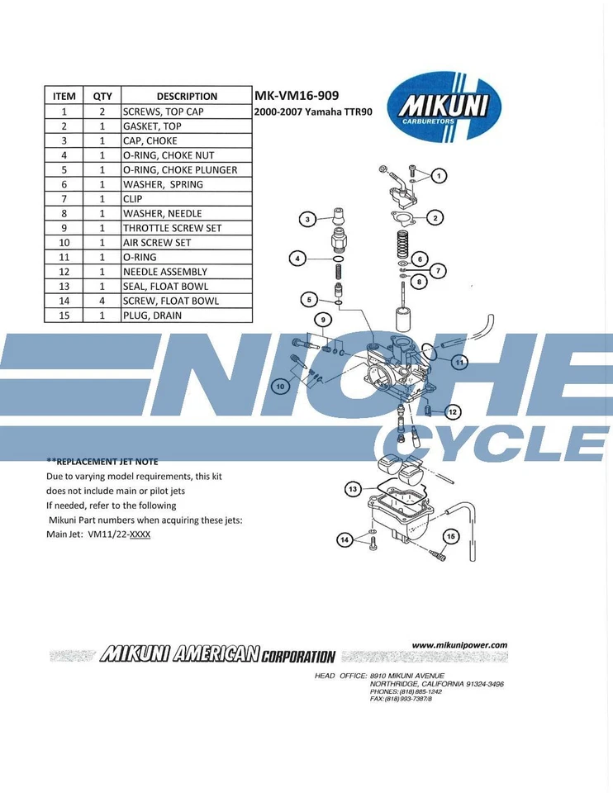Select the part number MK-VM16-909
tap(297, 96)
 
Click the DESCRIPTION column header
tap(187, 96)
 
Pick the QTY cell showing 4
tap(102, 301)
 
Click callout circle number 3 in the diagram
tap(307, 219)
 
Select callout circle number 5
tap(308, 299)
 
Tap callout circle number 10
tap(282, 386)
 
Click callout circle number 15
tap(450, 536)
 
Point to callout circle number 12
tap(452, 411)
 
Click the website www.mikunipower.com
tap(459, 645)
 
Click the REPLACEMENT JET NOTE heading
tap(102, 461)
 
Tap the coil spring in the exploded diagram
tap(403, 245)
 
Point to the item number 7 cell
tap(64, 199)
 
